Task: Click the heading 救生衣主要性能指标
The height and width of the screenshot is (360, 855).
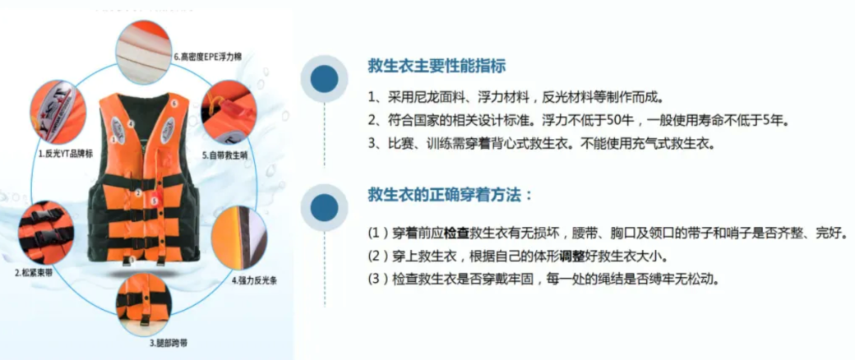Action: pyautogui.click(x=437, y=67)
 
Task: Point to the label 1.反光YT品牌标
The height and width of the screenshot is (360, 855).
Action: pyautogui.click(x=66, y=154)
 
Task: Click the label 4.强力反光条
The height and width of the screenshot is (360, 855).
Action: pyautogui.click(x=252, y=280)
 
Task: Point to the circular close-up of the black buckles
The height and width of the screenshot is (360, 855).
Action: pyautogui.click(x=46, y=233)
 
